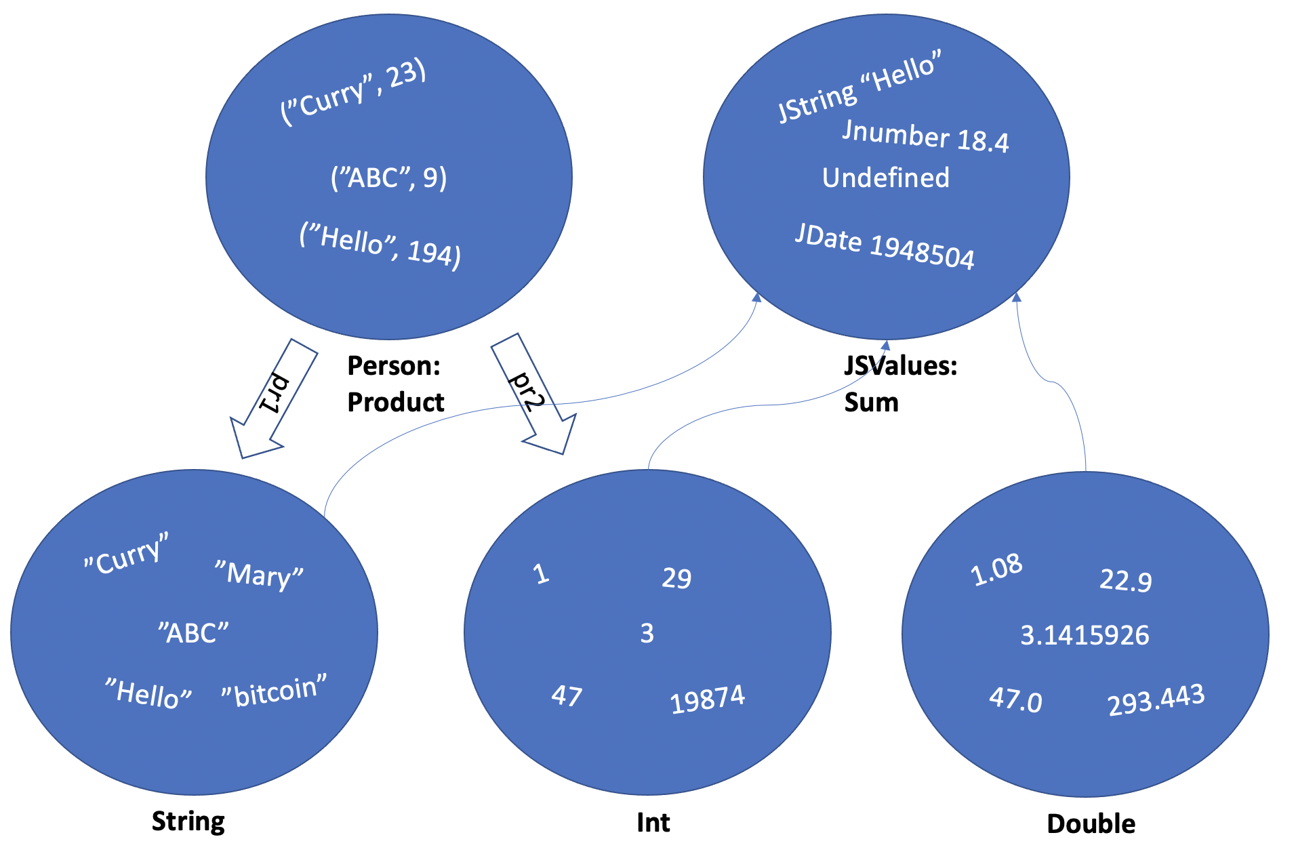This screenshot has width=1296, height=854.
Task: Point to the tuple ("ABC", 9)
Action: point(388,178)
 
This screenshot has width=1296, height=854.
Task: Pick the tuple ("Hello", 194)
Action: point(380,246)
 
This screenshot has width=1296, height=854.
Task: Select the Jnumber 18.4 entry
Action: point(925,136)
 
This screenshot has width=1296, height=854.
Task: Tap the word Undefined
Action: point(886,178)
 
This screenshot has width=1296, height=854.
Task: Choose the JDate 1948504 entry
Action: point(885,247)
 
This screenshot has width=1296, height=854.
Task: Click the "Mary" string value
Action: point(259,575)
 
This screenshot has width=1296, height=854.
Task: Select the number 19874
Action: point(707,699)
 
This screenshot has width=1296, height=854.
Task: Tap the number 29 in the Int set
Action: point(676,578)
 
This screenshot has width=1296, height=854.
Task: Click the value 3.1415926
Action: point(1085,635)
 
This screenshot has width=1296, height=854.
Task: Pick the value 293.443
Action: point(1156,699)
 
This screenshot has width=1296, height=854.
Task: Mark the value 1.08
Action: point(996,569)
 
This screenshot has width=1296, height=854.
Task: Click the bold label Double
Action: point(1091,823)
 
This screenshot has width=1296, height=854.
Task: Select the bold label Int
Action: point(653,822)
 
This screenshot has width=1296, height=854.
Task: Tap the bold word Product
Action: point(396,402)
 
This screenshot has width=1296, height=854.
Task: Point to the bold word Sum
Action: point(871,402)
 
